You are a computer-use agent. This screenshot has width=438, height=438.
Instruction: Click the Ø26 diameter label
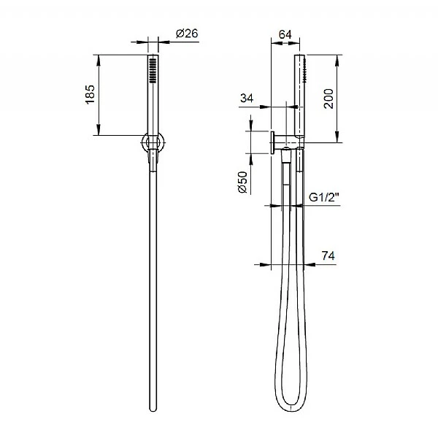[x=187, y=32]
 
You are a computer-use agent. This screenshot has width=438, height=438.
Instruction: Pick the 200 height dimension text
[x=329, y=99]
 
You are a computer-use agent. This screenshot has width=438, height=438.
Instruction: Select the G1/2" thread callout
[x=323, y=197]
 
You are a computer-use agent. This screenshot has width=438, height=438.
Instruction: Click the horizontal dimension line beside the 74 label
[x=292, y=265]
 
